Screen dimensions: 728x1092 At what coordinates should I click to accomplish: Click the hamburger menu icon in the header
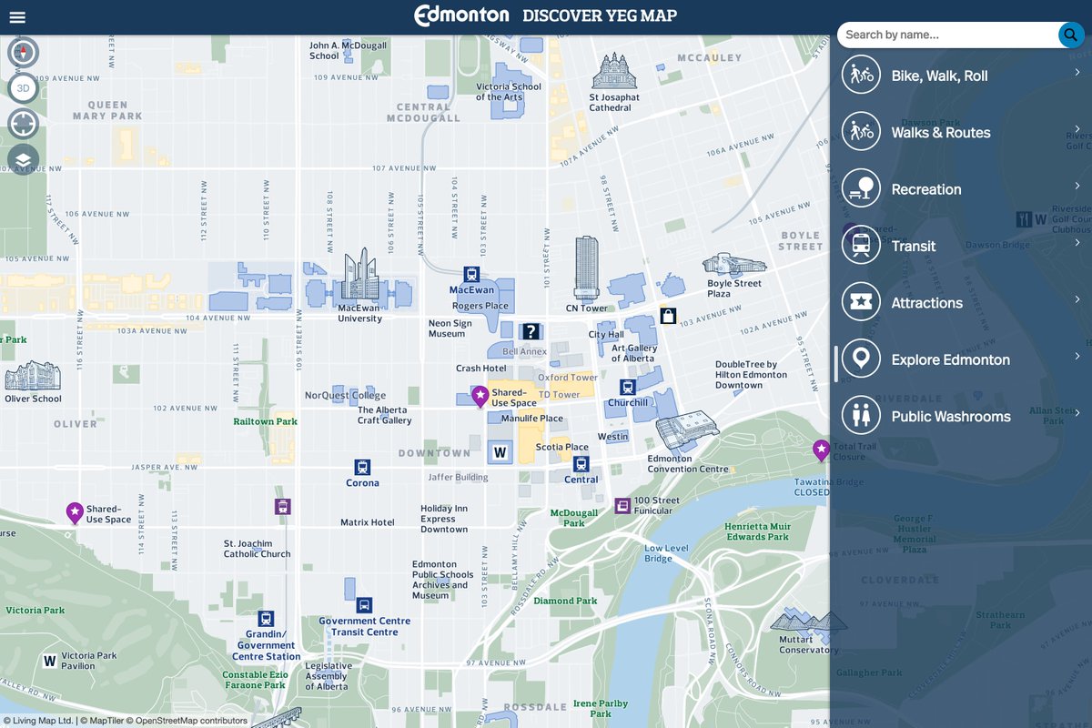tap(16, 17)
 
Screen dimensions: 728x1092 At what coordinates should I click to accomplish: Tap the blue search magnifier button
tap(1069, 35)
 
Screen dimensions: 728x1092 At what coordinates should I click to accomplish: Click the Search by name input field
tap(946, 35)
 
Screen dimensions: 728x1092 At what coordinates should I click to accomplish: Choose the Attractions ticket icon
tap(860, 302)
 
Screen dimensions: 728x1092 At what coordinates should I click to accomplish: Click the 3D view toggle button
tap(23, 88)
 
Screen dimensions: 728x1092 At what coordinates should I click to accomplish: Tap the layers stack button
tap(23, 160)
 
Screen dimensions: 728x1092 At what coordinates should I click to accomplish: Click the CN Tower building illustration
tap(587, 268)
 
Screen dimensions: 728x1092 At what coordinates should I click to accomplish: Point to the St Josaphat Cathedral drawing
tap(615, 72)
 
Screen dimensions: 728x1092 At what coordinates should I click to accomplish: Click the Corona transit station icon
tap(362, 467)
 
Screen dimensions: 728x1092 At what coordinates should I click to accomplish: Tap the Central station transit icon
tap(581, 464)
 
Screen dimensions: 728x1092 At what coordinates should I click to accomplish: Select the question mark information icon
tap(531, 331)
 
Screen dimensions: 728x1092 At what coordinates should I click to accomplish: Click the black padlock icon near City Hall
tap(668, 316)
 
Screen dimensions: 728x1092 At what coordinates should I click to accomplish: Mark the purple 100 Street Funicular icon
tap(622, 505)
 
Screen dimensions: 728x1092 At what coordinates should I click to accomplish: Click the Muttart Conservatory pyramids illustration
tap(808, 622)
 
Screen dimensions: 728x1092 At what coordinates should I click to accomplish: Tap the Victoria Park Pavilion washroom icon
tap(50, 661)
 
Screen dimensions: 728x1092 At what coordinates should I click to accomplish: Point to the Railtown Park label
tap(265, 422)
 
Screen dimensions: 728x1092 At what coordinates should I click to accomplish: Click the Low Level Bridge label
tap(666, 553)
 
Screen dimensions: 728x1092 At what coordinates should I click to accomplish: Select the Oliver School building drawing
tap(33, 376)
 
